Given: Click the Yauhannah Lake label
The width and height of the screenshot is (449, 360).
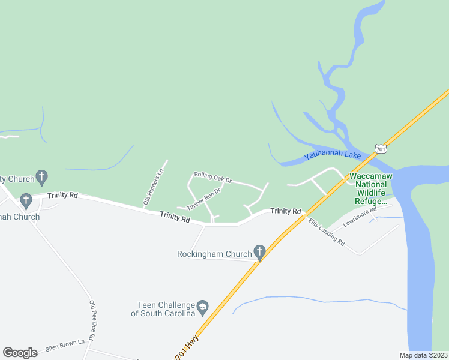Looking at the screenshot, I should tap(332, 155).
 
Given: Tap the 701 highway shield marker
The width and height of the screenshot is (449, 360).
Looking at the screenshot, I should tap(379, 148).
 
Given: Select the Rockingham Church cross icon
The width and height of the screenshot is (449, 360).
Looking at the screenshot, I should tap(259, 252).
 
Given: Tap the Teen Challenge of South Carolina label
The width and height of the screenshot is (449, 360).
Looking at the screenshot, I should tap(164, 309).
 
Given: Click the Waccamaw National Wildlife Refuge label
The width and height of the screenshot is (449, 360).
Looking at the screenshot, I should tap(370, 188).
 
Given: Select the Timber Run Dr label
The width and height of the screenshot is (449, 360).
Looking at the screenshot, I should tap(203, 199).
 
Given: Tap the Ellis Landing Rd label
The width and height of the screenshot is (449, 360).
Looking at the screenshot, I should tap(327, 233).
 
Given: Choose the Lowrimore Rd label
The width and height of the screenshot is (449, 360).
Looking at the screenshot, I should tap(359, 218).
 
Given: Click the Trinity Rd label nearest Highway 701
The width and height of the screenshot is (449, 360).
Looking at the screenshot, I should tap(285, 211).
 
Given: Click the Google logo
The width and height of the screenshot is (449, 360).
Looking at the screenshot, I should tap(20, 352).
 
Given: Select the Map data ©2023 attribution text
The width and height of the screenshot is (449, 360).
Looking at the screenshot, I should tap(423, 355).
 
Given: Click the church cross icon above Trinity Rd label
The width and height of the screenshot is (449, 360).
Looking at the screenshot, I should tap(41, 177).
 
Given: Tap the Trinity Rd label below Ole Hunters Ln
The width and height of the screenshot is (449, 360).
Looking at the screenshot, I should tap(175, 217).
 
